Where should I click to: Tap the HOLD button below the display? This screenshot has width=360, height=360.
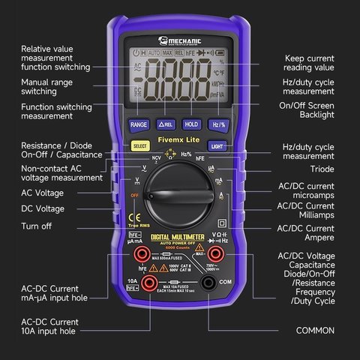click(x=190, y=124)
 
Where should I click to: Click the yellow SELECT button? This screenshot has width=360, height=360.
click(x=140, y=145)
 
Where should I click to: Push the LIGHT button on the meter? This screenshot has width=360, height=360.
click(x=217, y=145)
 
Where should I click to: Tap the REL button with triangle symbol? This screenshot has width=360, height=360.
click(x=165, y=124)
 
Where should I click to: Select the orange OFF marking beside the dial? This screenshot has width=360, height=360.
click(x=135, y=196)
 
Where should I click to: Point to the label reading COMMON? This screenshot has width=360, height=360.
click(x=315, y=330)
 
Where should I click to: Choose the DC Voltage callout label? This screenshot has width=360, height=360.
click(x=43, y=208)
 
